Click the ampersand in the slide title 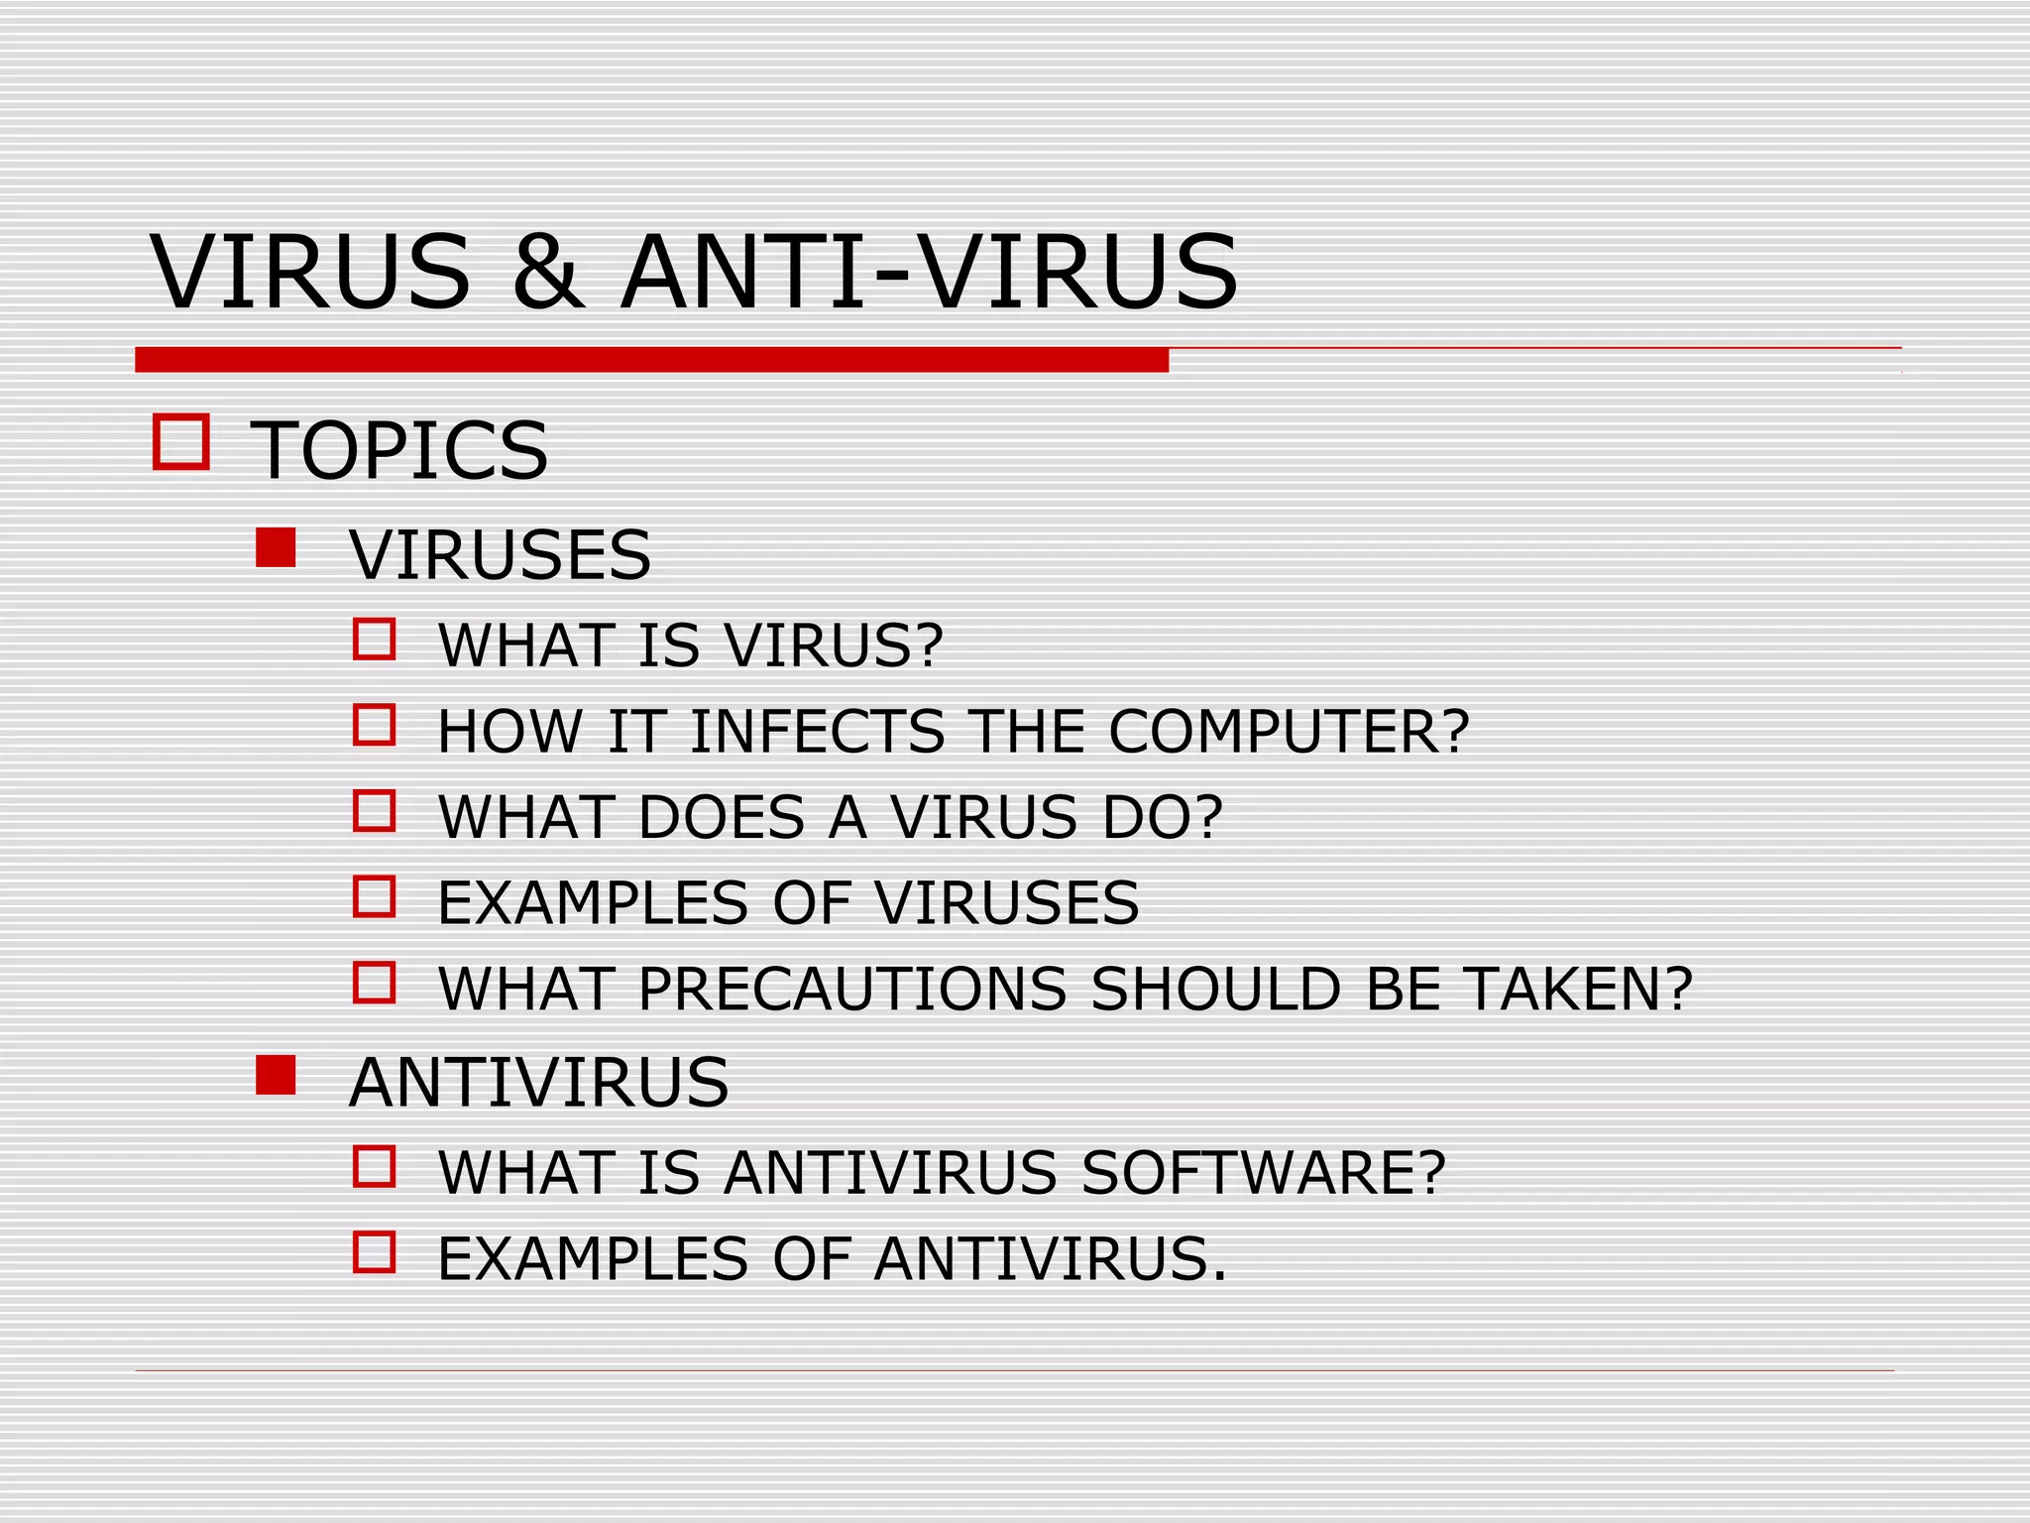(x=547, y=272)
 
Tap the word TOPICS (x=398, y=450)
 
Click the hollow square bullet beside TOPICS (x=181, y=441)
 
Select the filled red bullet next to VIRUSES (x=276, y=547)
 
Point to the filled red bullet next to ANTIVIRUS (x=276, y=1075)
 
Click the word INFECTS (x=817, y=732)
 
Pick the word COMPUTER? (x=1289, y=732)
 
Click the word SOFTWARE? (x=1264, y=1173)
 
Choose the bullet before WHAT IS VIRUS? (x=375, y=640)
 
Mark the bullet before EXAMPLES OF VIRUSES (x=375, y=896)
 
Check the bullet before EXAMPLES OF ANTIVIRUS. (x=375, y=1252)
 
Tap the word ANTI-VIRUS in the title (x=929, y=272)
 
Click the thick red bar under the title (x=651, y=360)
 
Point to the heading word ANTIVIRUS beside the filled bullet (x=538, y=1082)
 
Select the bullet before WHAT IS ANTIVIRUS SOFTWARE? (x=375, y=1167)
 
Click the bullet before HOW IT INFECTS (x=375, y=725)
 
